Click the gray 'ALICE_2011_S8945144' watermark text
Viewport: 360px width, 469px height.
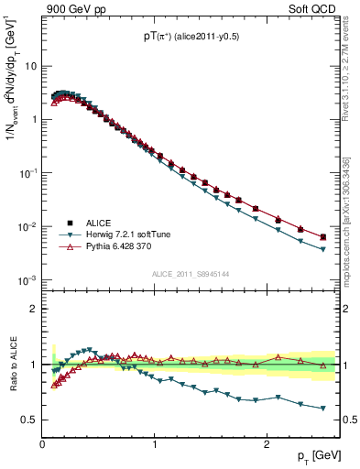click(190, 274)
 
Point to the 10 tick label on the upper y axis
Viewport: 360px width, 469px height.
click(29, 66)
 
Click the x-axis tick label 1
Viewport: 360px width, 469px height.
click(155, 444)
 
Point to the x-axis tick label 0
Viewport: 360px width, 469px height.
click(43, 444)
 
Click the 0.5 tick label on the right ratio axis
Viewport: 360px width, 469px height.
click(348, 420)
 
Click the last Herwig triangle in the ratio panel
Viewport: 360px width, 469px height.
click(322, 409)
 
